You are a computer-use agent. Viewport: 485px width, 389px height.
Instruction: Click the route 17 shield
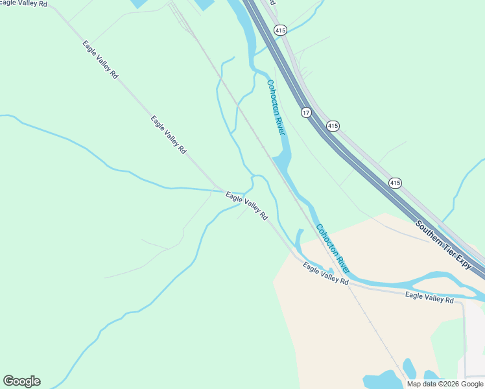306,113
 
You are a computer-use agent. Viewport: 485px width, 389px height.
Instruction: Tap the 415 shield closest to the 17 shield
333,126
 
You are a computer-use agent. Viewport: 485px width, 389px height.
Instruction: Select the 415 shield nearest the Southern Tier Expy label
395,183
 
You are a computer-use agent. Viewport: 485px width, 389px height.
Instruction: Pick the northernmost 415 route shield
279,30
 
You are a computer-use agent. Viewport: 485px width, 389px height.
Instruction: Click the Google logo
21,381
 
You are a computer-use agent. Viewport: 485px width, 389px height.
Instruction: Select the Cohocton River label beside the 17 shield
276,106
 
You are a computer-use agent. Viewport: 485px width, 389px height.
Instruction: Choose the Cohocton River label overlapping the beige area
333,248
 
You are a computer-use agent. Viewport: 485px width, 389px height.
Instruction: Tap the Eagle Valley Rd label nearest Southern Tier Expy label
429,298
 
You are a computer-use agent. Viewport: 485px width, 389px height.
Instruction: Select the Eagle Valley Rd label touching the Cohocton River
325,275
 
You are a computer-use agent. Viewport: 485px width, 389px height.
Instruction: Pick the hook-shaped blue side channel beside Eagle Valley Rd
299,241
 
